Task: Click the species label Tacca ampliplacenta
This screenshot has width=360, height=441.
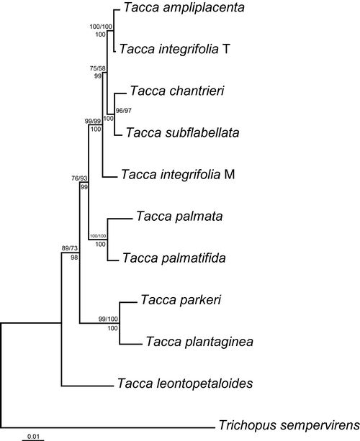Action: click(184, 8)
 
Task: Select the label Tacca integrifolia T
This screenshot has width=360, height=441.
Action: click(174, 49)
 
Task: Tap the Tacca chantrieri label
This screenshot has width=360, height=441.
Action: click(177, 91)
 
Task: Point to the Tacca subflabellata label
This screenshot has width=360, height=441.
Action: click(182, 132)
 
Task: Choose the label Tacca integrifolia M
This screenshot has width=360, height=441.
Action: click(178, 174)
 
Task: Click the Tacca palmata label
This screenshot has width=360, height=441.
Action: click(179, 217)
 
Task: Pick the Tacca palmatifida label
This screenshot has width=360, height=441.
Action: click(174, 258)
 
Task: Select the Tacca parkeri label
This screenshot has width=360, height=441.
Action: click(181, 300)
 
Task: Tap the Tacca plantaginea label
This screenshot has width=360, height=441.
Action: click(199, 342)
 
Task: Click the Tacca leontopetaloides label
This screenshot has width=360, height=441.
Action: click(185, 383)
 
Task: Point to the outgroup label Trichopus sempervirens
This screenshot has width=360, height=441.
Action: click(289, 425)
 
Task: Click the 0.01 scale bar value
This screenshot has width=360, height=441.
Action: click(33, 437)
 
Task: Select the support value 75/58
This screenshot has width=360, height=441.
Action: click(98, 68)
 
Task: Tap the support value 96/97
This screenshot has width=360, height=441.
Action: click(124, 111)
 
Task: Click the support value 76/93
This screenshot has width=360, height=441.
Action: click(79, 178)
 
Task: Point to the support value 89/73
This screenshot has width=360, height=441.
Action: click(70, 248)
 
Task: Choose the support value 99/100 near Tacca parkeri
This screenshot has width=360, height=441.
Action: click(109, 319)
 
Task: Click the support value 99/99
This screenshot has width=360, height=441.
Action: click(93, 121)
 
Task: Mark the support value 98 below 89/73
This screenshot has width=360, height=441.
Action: click(74, 257)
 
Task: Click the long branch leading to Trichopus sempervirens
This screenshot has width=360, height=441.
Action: click(108, 428)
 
